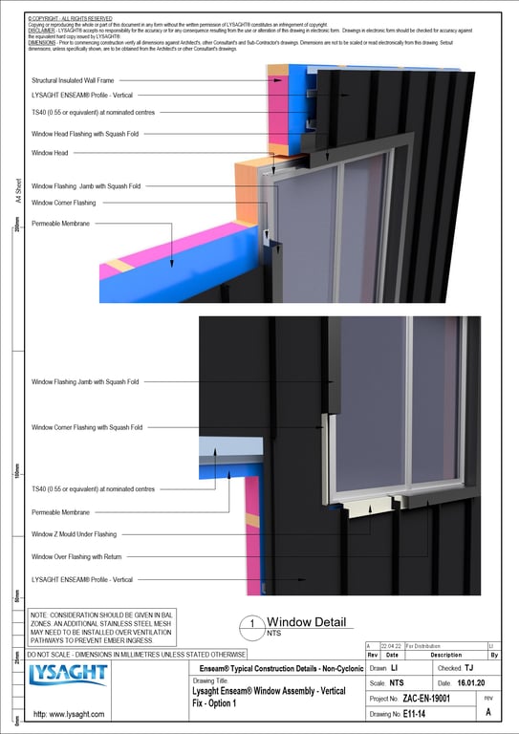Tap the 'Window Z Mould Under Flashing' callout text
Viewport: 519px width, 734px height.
[74, 534]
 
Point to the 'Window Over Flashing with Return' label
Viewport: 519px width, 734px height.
[76, 556]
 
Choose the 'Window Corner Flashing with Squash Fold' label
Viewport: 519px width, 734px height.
[87, 427]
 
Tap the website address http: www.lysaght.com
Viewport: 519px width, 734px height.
[69, 714]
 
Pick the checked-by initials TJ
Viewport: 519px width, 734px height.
[468, 668]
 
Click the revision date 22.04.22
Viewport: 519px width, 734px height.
[392, 647]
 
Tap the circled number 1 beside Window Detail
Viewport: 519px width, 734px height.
[250, 625]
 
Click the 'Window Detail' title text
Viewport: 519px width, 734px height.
[306, 622]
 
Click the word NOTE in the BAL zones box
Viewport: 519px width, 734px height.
[41, 615]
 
